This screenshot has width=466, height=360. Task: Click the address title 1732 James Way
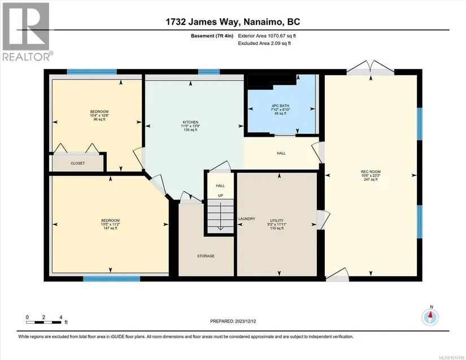203,21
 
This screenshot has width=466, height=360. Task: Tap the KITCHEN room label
190,122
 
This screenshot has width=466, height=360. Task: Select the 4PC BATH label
280,106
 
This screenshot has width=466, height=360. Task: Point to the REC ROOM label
371,172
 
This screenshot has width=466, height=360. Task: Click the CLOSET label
77,163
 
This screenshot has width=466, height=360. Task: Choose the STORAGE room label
206,256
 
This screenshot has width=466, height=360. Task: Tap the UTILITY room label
277,220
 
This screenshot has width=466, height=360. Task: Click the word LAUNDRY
247,219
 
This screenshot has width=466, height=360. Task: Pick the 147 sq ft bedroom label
110,224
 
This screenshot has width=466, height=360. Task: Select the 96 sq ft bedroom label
99,115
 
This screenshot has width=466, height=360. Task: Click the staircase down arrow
220,216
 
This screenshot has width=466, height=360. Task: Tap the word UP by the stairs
220,196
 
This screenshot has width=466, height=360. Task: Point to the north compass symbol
430,317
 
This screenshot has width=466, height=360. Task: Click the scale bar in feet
43,322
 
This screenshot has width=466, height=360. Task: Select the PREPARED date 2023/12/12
233,322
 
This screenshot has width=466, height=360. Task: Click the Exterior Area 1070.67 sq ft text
267,36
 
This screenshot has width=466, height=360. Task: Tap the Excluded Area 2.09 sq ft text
264,44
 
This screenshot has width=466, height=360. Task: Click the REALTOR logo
26,32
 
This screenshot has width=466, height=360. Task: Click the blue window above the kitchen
209,72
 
